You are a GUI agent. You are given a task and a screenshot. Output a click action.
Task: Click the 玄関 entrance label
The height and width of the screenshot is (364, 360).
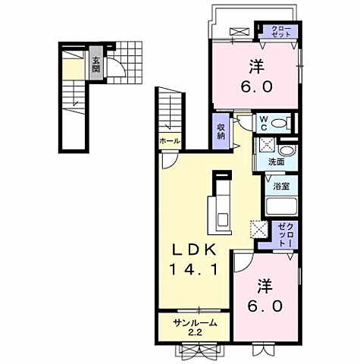pos(95,64)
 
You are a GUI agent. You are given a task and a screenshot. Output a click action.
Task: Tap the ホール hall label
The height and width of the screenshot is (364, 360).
pos(170,141)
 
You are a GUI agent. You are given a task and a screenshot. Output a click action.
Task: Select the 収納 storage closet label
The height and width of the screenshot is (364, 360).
pos(221,131)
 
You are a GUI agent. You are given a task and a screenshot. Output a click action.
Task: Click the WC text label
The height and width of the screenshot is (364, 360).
pos(264,123)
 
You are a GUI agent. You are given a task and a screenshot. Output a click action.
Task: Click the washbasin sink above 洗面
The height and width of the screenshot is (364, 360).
pos(286,151)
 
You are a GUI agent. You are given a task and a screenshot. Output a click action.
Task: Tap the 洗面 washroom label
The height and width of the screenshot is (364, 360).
pos(276,162)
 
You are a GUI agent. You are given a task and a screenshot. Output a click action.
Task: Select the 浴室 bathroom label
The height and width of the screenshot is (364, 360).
pos(281,187)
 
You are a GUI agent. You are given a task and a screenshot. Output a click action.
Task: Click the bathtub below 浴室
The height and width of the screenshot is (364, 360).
pos(281,206)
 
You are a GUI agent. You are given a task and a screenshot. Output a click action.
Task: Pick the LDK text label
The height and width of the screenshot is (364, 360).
pos(194,250)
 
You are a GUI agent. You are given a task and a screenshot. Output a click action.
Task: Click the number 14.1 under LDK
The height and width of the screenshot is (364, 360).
pos(194,269)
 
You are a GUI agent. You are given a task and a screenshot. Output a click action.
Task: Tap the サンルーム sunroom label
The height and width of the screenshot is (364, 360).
pos(195,323)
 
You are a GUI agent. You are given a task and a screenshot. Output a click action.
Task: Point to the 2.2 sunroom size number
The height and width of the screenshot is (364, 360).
pos(195,332)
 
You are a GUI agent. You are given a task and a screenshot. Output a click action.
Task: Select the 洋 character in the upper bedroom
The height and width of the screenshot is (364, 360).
pos(257,66)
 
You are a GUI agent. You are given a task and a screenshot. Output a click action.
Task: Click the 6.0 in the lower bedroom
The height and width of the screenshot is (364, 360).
pos(265,306)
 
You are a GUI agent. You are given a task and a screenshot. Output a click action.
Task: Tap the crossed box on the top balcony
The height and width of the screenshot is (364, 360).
pos(239,32)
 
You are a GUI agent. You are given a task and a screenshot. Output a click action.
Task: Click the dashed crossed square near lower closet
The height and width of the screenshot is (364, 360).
pos(259,229)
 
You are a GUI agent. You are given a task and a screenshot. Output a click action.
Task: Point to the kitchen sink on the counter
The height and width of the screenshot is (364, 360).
pos(223,219)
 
